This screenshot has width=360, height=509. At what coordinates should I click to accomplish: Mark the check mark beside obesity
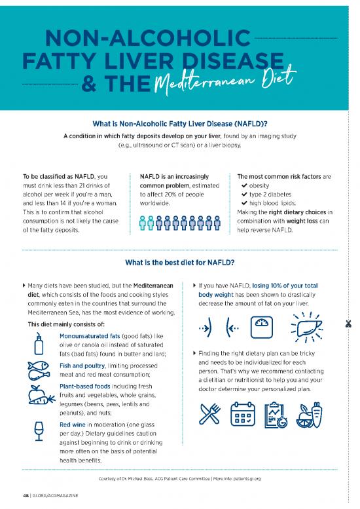coord(243,185)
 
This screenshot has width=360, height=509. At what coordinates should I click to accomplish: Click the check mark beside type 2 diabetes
coord(243,195)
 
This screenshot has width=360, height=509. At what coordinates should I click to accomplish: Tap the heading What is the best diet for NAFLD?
coord(179,263)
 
